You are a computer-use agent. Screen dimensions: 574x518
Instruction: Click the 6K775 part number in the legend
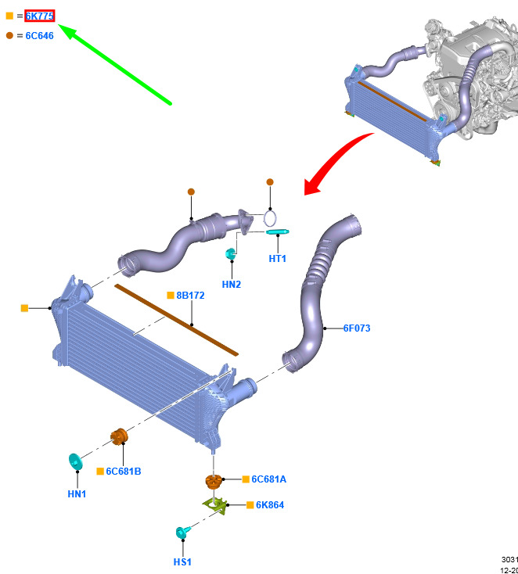click(39, 16)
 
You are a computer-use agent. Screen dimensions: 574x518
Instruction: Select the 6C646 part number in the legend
click(39, 35)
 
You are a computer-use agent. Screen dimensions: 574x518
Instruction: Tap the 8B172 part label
click(190, 296)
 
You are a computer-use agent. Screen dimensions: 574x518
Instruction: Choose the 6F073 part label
click(356, 328)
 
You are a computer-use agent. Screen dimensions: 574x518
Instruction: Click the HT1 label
click(278, 259)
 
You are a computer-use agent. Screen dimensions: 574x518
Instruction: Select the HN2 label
click(231, 285)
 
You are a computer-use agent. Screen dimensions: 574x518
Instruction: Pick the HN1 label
click(77, 493)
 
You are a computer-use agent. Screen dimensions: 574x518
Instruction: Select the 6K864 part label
click(270, 505)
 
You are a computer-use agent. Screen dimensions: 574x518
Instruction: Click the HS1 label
click(182, 561)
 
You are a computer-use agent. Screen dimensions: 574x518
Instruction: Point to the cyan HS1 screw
click(182, 533)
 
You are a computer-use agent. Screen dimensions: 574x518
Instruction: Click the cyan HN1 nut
click(76, 462)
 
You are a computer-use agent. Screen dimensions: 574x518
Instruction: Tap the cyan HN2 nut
click(231, 254)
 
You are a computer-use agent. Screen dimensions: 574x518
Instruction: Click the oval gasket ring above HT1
click(271, 217)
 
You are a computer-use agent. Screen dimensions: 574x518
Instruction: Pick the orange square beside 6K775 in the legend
click(9, 16)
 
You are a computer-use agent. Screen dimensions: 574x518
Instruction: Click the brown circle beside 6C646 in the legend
click(9, 35)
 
